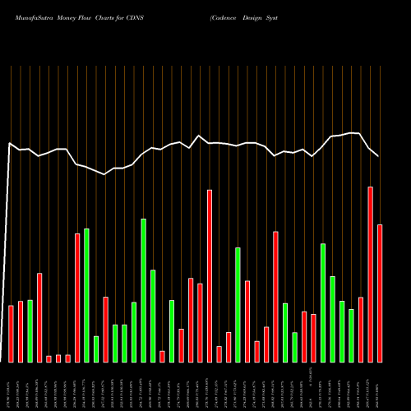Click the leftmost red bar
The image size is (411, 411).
pyautogui.click(x=12, y=333)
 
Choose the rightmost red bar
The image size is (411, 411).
pyautogui.click(x=380, y=293)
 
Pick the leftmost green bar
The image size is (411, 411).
pyautogui.click(x=30, y=330)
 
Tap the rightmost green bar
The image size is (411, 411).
pyautogui.click(x=352, y=335)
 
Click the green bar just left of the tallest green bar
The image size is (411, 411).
pyautogui.click(x=134, y=332)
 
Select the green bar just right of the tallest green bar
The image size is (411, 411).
pyautogui.click(x=153, y=316)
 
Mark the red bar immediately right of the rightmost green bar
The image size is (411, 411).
pyautogui.click(x=361, y=329)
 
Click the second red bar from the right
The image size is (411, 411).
pyautogui.click(x=371, y=274)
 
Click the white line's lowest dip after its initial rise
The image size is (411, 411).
pyautogui.click(x=105, y=174)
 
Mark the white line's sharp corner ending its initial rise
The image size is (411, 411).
pyautogui.click(x=10, y=144)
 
